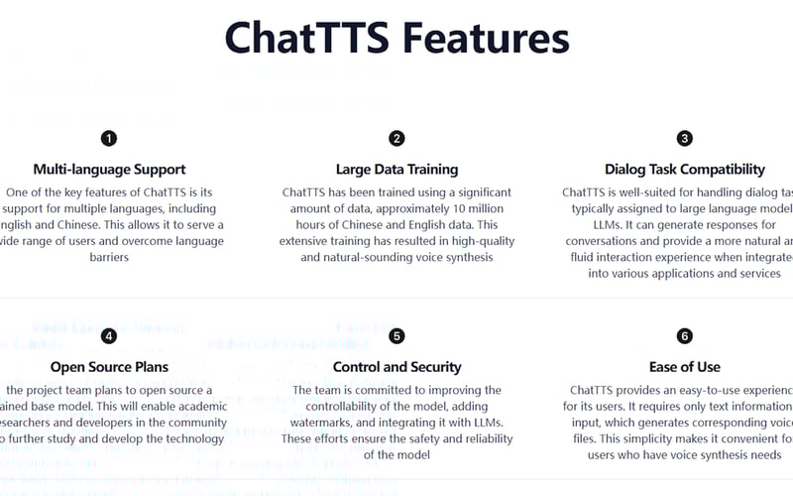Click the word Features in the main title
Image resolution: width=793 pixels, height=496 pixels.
[485, 38]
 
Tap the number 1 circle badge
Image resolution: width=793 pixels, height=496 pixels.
[109, 139]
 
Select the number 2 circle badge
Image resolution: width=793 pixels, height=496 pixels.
[396, 139]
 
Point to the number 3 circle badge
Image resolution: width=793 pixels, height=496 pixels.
[685, 139]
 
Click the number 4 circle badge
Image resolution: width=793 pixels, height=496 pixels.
[109, 336]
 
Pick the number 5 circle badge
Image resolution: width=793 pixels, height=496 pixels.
[396, 336]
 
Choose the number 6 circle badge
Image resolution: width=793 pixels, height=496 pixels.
[685, 336]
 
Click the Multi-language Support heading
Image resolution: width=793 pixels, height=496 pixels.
[109, 170]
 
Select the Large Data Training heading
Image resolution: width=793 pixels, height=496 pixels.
[396, 170]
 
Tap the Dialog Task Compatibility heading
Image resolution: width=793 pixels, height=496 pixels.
[685, 170]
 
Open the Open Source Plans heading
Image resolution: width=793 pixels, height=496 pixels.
[109, 367]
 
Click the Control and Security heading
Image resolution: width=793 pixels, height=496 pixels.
[396, 367]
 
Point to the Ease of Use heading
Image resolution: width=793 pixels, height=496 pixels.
[685, 367]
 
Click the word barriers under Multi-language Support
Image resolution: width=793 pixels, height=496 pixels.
[109, 257]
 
